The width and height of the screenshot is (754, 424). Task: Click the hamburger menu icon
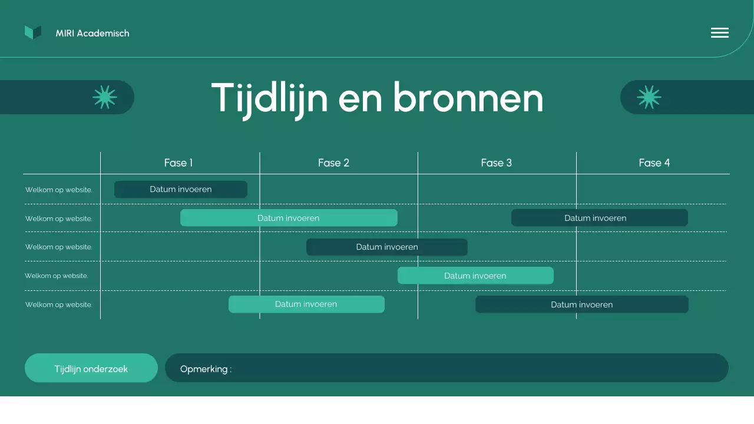click(x=719, y=33)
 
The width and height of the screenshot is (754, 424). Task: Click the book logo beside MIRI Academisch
click(x=33, y=33)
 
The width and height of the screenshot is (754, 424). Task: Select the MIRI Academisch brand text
click(x=92, y=34)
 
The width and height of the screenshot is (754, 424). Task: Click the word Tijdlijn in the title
click(x=269, y=98)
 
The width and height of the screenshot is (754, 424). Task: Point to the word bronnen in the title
click(x=468, y=98)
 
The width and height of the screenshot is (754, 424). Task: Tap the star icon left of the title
click(x=105, y=97)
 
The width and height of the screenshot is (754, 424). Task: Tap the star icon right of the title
click(x=649, y=97)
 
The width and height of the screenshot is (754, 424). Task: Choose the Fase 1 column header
click(x=178, y=163)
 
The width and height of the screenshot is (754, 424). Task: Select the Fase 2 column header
click(x=333, y=163)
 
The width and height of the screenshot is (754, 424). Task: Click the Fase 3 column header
click(x=496, y=163)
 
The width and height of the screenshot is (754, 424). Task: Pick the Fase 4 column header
click(x=654, y=163)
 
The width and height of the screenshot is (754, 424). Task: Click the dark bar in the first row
click(x=180, y=190)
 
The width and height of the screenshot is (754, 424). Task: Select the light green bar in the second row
click(x=289, y=218)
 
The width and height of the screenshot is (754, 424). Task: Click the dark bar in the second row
click(x=599, y=218)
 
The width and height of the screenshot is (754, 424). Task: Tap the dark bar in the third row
click(x=386, y=247)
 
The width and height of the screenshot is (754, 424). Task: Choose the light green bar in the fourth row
click(x=475, y=276)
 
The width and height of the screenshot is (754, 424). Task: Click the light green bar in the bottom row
click(x=306, y=304)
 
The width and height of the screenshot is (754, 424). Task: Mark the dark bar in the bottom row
click(x=581, y=304)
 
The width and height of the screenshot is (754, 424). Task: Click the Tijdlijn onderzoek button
click(x=91, y=369)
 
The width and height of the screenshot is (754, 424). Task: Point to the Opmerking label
click(x=206, y=369)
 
